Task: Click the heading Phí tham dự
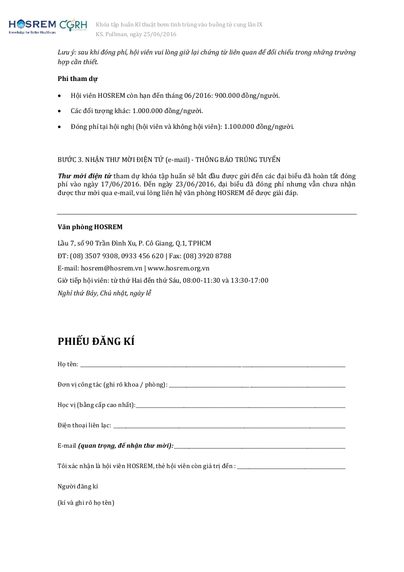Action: [x=77, y=78]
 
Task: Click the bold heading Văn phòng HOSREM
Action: [x=90, y=227]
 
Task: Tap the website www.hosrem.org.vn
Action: [x=179, y=268]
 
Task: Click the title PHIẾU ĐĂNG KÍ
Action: [x=96, y=341]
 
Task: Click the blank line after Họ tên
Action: [x=213, y=365]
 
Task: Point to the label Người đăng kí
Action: [x=78, y=486]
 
